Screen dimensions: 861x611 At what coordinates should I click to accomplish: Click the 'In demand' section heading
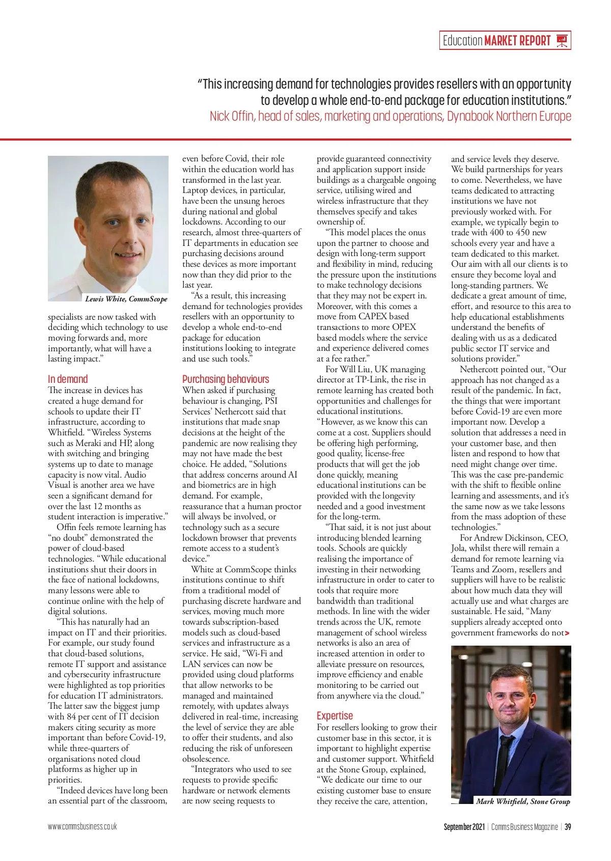[x=68, y=379]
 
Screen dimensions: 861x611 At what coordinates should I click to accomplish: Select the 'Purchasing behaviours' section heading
[x=226, y=379]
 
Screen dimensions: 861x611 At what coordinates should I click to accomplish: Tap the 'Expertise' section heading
[x=335, y=715]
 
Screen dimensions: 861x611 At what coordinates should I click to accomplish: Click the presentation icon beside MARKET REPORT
[x=562, y=40]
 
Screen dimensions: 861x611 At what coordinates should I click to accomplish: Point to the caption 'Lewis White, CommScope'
[x=126, y=299]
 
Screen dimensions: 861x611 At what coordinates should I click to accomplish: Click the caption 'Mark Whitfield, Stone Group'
[x=523, y=801]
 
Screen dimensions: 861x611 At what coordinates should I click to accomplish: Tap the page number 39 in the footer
[x=567, y=827]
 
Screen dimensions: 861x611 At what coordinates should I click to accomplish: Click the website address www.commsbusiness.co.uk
[x=82, y=826]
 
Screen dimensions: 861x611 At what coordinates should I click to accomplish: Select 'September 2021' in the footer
[x=464, y=827]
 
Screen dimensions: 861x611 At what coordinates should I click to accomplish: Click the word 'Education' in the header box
[x=462, y=41]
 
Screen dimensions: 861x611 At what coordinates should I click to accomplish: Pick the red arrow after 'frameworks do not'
[x=567, y=633]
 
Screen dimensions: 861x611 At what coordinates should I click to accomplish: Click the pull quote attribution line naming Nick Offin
[x=390, y=116]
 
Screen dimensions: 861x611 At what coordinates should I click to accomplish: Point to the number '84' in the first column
[x=71, y=717]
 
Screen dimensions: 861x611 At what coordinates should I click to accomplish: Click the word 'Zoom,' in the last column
[x=505, y=570]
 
